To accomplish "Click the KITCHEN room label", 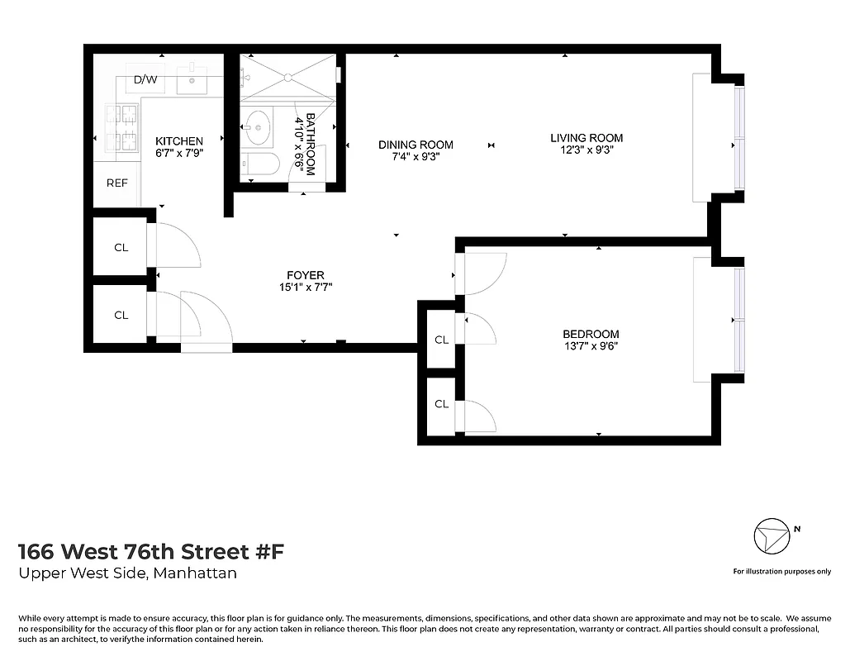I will [x=179, y=141].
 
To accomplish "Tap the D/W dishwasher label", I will [x=145, y=80].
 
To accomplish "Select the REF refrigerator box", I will [x=116, y=183].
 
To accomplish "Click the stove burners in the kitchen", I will [x=121, y=129].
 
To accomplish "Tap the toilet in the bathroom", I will [x=260, y=164].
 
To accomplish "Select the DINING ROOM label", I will [x=416, y=145].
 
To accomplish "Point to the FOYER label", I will [x=305, y=275].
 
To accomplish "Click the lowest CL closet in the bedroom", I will [x=441, y=404].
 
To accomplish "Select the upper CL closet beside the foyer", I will [x=121, y=246].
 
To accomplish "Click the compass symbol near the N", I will [x=772, y=537].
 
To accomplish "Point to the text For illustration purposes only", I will [x=781, y=572].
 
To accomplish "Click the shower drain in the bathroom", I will [x=287, y=77].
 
